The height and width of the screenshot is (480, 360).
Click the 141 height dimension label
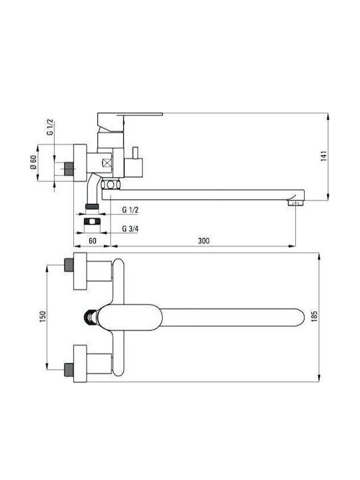(325, 156)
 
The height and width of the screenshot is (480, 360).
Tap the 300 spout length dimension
(203, 241)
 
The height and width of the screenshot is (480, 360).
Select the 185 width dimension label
(314, 317)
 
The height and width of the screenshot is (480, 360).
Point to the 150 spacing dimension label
(42, 317)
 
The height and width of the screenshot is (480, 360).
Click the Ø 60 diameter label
(33, 163)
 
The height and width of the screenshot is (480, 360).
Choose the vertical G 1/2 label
(50, 127)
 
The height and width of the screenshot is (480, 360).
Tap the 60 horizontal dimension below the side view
(92, 241)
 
